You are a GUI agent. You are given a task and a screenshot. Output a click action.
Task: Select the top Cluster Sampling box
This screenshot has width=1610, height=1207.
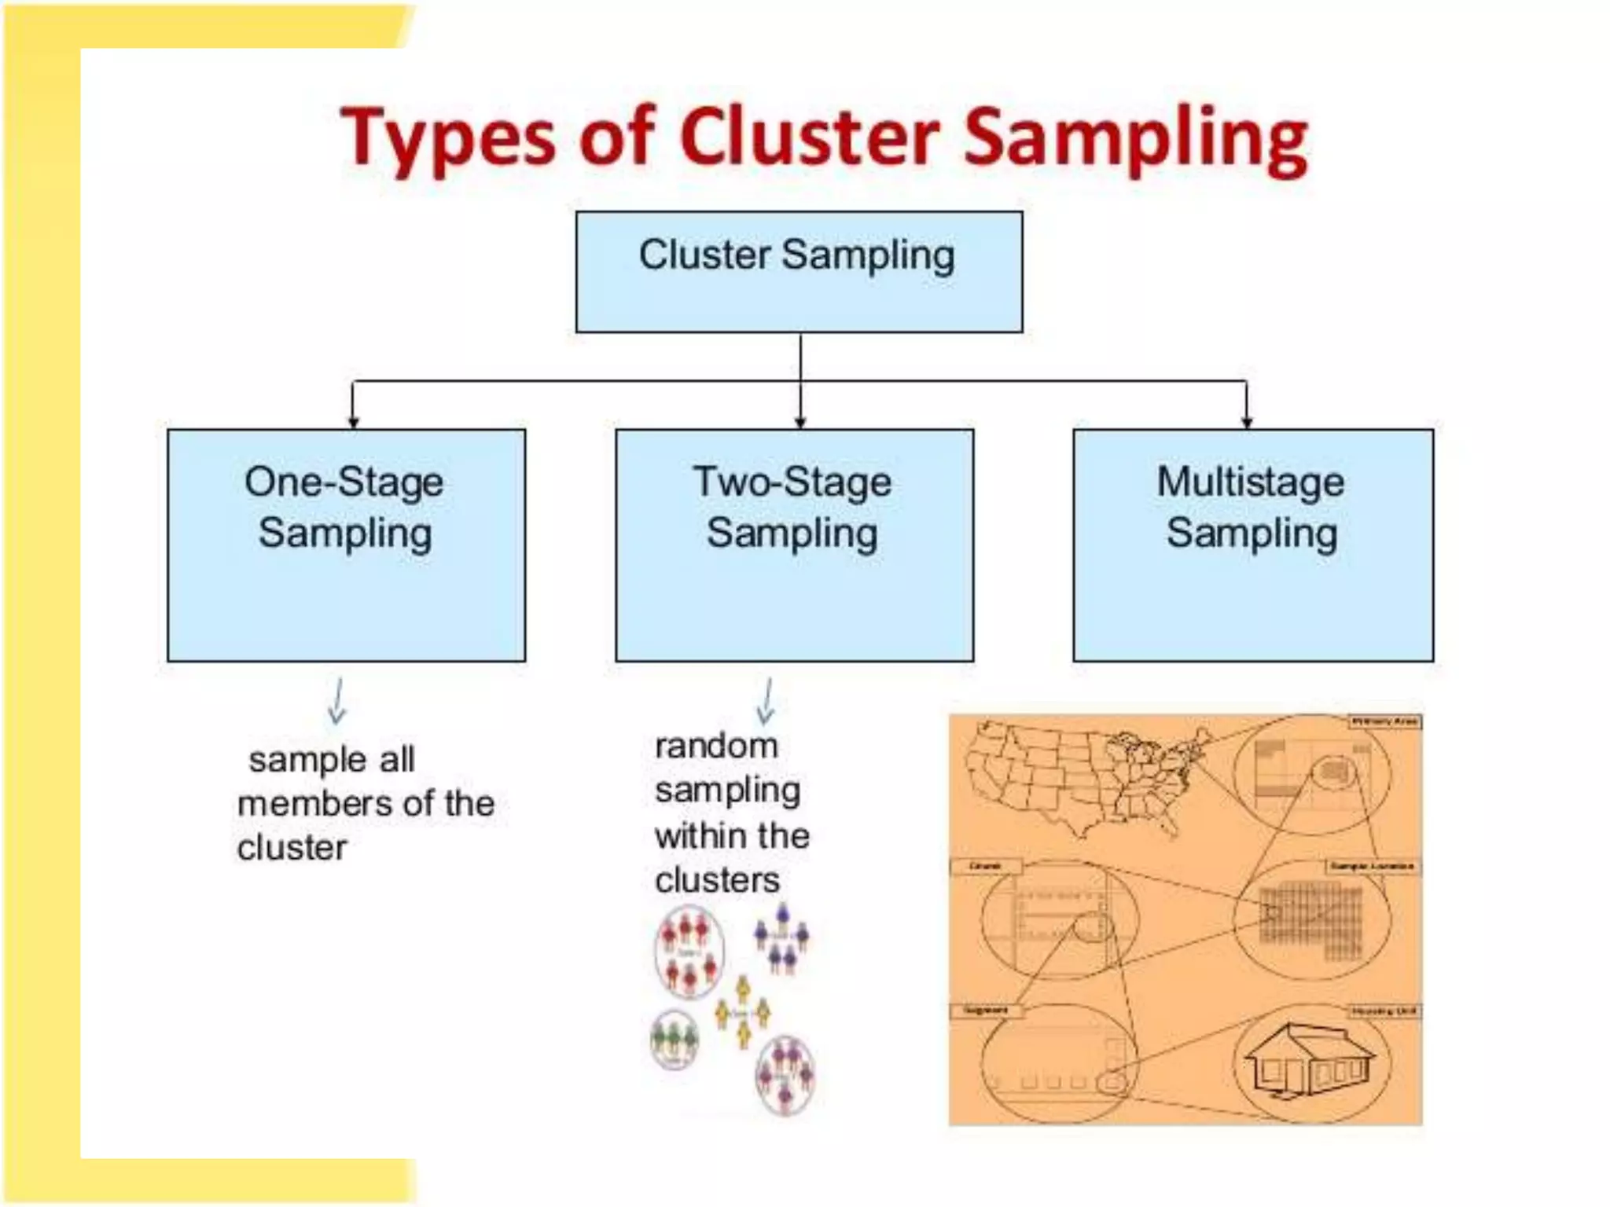[x=799, y=272]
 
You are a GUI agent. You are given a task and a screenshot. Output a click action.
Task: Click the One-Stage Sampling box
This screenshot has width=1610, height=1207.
[x=346, y=545]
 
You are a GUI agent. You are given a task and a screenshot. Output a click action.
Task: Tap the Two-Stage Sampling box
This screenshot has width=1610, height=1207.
[x=794, y=545]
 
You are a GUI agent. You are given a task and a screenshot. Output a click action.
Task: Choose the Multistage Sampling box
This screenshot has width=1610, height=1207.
[x=1252, y=545]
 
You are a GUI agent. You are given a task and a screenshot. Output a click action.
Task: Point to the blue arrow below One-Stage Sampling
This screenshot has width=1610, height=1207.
[x=337, y=701]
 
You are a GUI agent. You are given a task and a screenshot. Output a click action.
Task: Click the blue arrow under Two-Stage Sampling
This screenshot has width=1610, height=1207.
[x=766, y=701]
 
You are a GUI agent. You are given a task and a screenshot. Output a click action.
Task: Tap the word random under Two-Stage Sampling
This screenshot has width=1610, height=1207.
[x=715, y=746]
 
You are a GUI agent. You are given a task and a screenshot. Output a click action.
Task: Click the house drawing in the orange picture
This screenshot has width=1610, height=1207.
[x=1309, y=1061]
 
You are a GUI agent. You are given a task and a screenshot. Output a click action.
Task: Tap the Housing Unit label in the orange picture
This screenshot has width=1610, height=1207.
[x=1384, y=1011]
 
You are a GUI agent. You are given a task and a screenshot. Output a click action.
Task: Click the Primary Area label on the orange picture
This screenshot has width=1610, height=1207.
[x=1384, y=721]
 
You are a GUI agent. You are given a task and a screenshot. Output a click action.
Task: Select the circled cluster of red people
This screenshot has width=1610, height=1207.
[x=689, y=952]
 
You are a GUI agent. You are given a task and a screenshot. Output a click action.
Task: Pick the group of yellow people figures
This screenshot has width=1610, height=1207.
[x=742, y=1012]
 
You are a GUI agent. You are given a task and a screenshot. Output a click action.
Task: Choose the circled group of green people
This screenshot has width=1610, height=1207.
[x=675, y=1039]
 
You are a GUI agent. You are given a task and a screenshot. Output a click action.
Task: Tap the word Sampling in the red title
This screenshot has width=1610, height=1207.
[x=1135, y=140]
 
